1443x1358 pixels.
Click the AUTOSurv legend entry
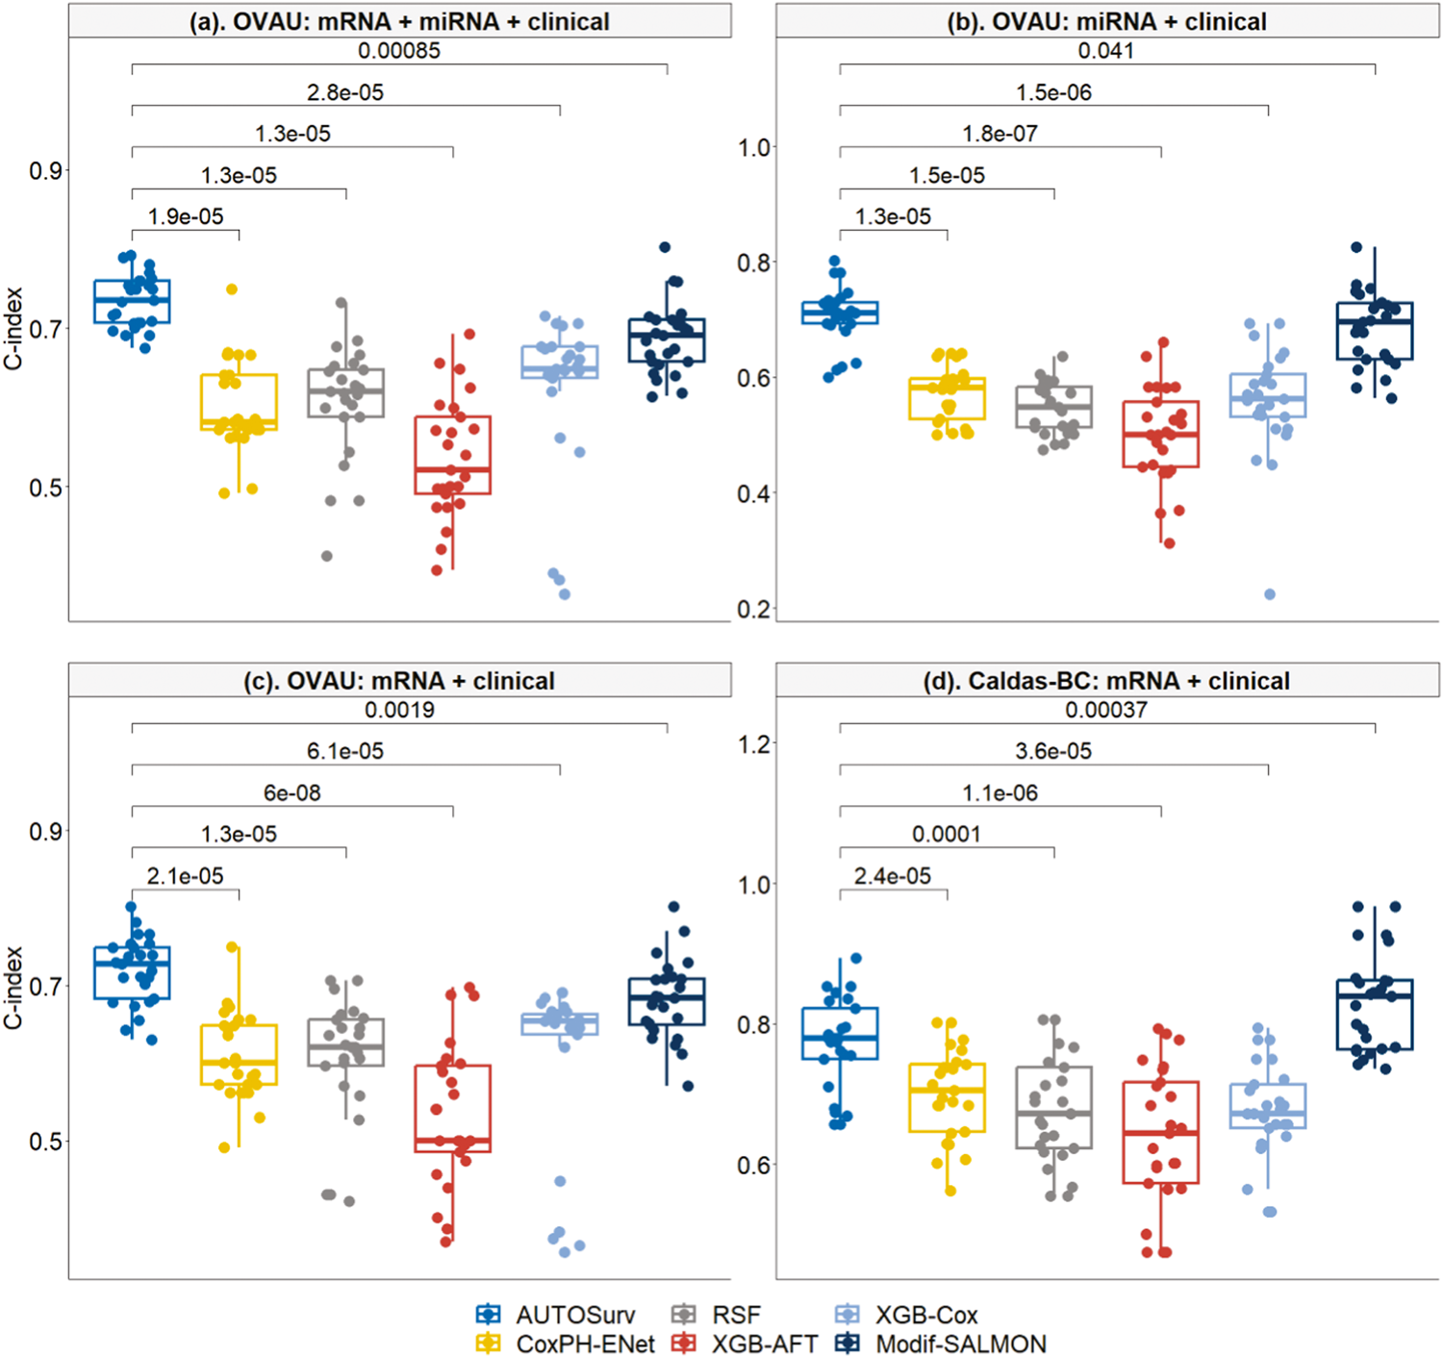[x=574, y=1315]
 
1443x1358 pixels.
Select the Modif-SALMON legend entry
[x=959, y=1344]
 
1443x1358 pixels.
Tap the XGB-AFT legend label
[x=765, y=1344]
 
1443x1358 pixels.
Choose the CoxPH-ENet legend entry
[x=585, y=1344]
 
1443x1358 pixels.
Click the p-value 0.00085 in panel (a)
[x=399, y=51]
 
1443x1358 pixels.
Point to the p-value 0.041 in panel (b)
[x=1106, y=51]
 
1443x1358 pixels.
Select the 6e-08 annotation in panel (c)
[x=292, y=793]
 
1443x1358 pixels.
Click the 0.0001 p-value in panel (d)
[x=947, y=835]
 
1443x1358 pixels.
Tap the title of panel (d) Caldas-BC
[x=1106, y=681]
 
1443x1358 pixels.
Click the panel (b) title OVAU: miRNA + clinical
[x=1106, y=21]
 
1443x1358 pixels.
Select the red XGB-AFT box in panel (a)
[x=453, y=455]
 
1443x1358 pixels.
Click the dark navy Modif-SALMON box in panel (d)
[x=1375, y=1015]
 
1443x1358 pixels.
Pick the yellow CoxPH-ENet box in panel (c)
[x=240, y=1054]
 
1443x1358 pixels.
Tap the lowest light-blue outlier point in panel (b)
[x=1270, y=594]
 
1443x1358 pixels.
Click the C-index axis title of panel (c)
[x=13, y=987]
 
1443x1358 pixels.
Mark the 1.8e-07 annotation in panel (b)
[x=1000, y=135]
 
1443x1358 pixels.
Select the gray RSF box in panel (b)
[x=1054, y=407]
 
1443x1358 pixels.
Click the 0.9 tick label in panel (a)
[x=45, y=171]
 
